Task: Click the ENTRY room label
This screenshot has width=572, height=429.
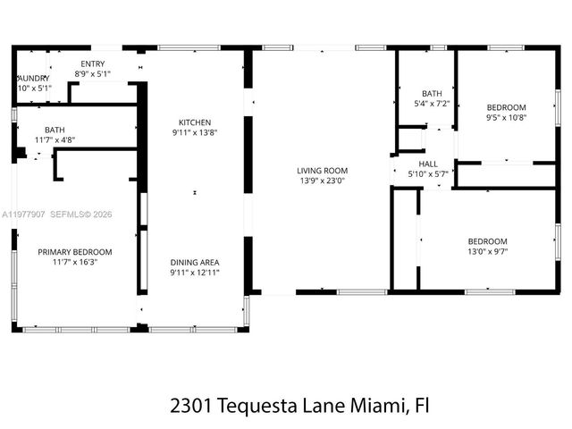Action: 92,63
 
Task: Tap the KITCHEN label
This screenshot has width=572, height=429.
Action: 195,122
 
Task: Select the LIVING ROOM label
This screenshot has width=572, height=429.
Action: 322,170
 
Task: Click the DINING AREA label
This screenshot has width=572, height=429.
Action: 195,262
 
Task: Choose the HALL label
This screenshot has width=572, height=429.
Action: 428,164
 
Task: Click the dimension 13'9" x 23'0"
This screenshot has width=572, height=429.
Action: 322,180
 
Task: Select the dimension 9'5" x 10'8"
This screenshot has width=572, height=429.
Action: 507,116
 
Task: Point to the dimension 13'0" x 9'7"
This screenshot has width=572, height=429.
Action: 487,252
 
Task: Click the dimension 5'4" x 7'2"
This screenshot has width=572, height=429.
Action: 432,104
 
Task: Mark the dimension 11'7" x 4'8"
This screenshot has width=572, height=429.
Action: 55,139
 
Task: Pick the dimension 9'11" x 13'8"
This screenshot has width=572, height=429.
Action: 195,132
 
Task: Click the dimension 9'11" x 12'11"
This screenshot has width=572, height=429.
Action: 195,273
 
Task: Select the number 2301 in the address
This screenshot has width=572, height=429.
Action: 189,405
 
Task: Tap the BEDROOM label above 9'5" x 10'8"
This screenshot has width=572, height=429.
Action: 507,105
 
